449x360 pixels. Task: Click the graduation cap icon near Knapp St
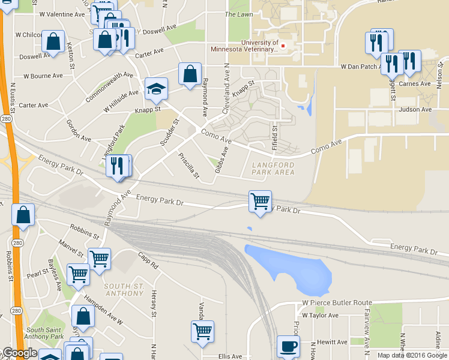(x=156, y=89)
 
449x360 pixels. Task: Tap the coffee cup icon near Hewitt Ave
(x=288, y=346)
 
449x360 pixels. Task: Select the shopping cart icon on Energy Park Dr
(x=260, y=202)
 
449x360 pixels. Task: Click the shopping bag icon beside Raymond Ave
(x=190, y=74)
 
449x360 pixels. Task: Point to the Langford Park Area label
(x=273, y=169)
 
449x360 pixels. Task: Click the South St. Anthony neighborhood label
(x=124, y=289)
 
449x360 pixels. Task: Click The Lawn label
(x=238, y=14)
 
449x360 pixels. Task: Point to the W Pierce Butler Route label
(x=337, y=303)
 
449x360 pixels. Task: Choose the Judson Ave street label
(x=415, y=109)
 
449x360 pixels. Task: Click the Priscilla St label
(x=188, y=165)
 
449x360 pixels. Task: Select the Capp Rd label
(x=148, y=260)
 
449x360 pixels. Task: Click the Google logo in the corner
(x=20, y=353)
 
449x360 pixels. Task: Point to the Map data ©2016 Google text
(x=411, y=355)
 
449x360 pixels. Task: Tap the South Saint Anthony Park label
(x=46, y=333)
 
